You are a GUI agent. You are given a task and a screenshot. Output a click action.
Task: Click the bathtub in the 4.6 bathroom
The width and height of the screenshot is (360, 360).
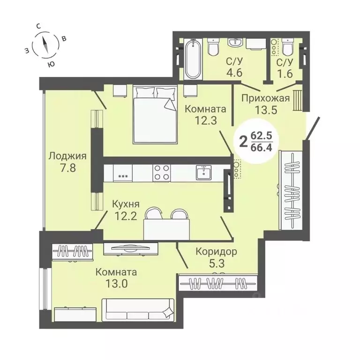tap(192, 60)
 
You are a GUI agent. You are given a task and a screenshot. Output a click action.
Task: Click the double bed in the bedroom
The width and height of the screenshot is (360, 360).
tap(155, 114)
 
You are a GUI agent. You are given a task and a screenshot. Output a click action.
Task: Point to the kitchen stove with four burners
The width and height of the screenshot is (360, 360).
tap(162, 173)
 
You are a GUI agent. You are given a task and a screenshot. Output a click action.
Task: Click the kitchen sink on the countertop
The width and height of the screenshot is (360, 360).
tap(203, 172)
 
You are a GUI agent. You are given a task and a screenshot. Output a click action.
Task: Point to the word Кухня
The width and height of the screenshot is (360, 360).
tap(125, 204)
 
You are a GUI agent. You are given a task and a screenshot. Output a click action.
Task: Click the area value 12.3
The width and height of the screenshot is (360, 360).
tap(205, 121)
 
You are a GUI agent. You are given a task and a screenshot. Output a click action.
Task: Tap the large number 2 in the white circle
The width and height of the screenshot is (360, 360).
tap(243, 141)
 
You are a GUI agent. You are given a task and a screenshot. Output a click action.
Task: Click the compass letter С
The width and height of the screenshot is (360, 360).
tap(38, 27)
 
